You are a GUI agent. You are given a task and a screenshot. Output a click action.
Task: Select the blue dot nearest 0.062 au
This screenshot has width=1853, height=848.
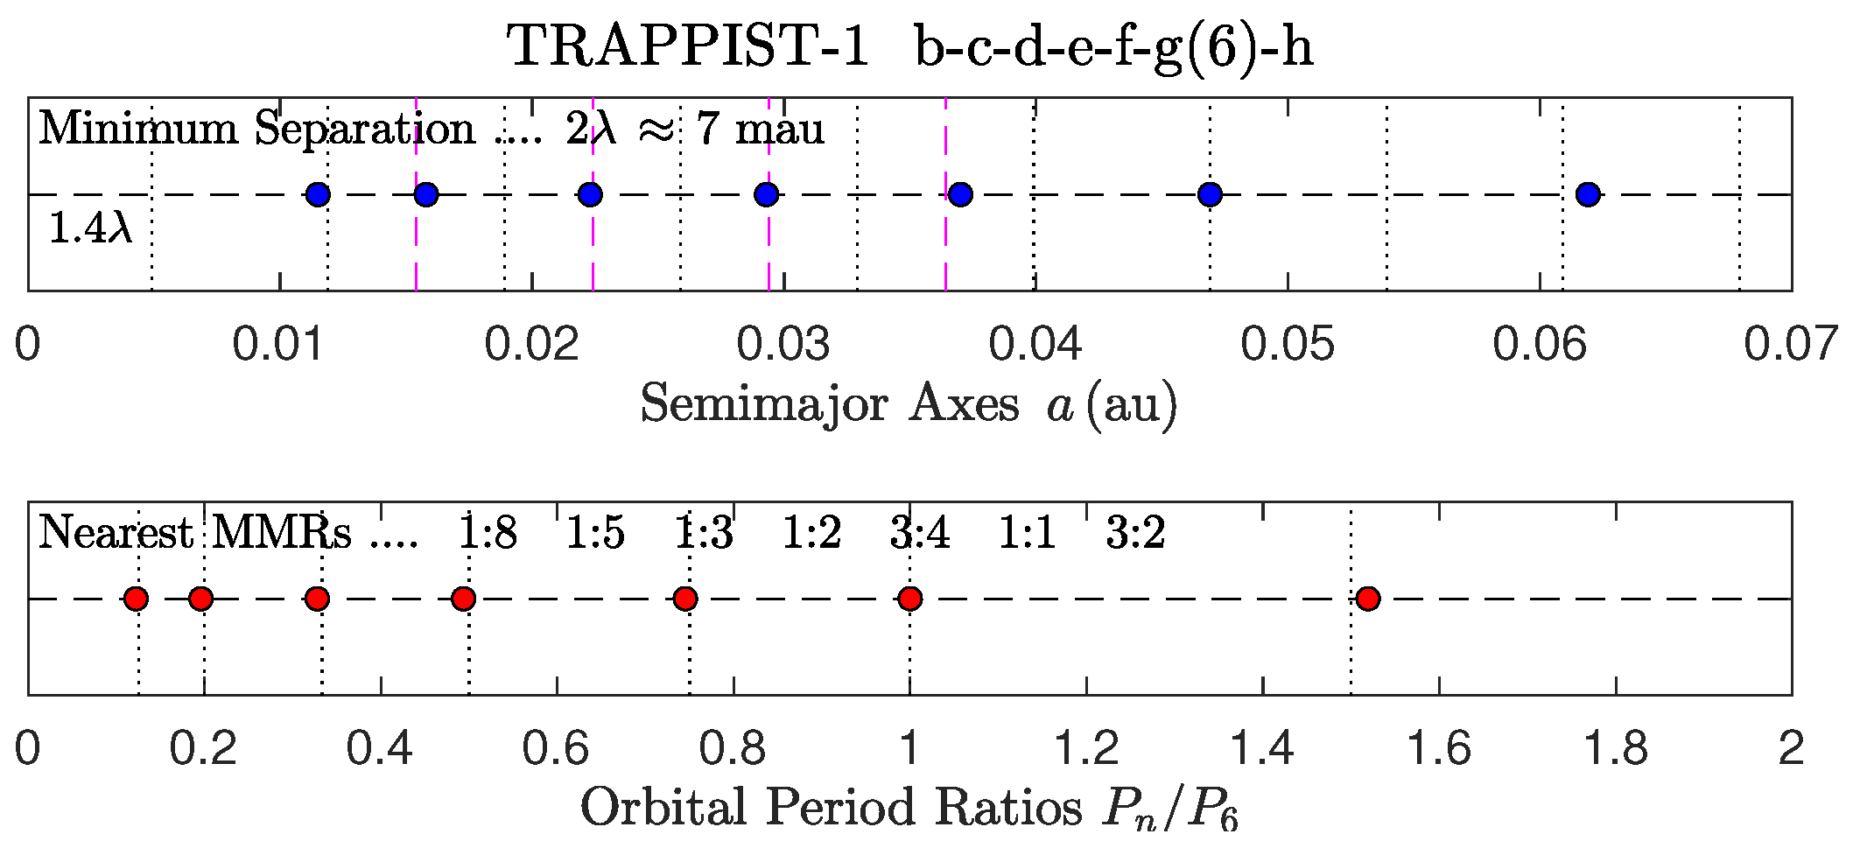pos(1588,194)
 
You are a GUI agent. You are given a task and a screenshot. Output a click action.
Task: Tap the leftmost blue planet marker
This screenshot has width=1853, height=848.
pos(318,194)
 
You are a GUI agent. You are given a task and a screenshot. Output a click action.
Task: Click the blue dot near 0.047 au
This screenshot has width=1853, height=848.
pos(1210,194)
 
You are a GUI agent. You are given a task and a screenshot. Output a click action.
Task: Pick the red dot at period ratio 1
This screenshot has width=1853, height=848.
pos(910,599)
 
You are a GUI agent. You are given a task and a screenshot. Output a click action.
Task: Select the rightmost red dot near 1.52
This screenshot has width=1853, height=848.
pos(1368,599)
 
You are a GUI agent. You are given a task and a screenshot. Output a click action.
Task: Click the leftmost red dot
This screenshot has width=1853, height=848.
pos(136,599)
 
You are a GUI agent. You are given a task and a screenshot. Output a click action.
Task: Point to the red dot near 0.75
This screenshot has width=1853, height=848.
pos(685,599)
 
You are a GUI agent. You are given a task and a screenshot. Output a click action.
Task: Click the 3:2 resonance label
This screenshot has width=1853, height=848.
pos(1135,532)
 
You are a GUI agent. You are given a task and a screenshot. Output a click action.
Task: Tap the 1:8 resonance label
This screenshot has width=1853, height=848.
pos(488,532)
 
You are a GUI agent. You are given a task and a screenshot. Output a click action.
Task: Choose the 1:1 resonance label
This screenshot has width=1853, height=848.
pos(1028,532)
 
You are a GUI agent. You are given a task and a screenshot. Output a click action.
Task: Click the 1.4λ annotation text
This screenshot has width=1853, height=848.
pos(90,228)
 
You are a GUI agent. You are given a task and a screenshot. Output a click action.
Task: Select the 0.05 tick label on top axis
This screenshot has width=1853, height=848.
pos(1287,344)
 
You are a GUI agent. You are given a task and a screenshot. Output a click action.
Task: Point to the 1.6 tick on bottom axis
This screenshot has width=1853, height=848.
pos(1438,749)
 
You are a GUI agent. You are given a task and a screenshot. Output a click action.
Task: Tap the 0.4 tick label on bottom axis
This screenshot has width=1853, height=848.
pos(380,749)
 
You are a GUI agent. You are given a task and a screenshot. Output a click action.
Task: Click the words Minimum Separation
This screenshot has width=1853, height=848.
pos(256,129)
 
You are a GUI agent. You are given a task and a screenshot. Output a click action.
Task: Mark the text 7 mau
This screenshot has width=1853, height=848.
pos(760,129)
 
